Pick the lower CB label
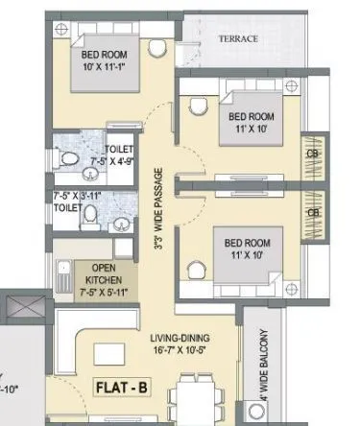click(313, 213)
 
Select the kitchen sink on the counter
click(63, 272)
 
